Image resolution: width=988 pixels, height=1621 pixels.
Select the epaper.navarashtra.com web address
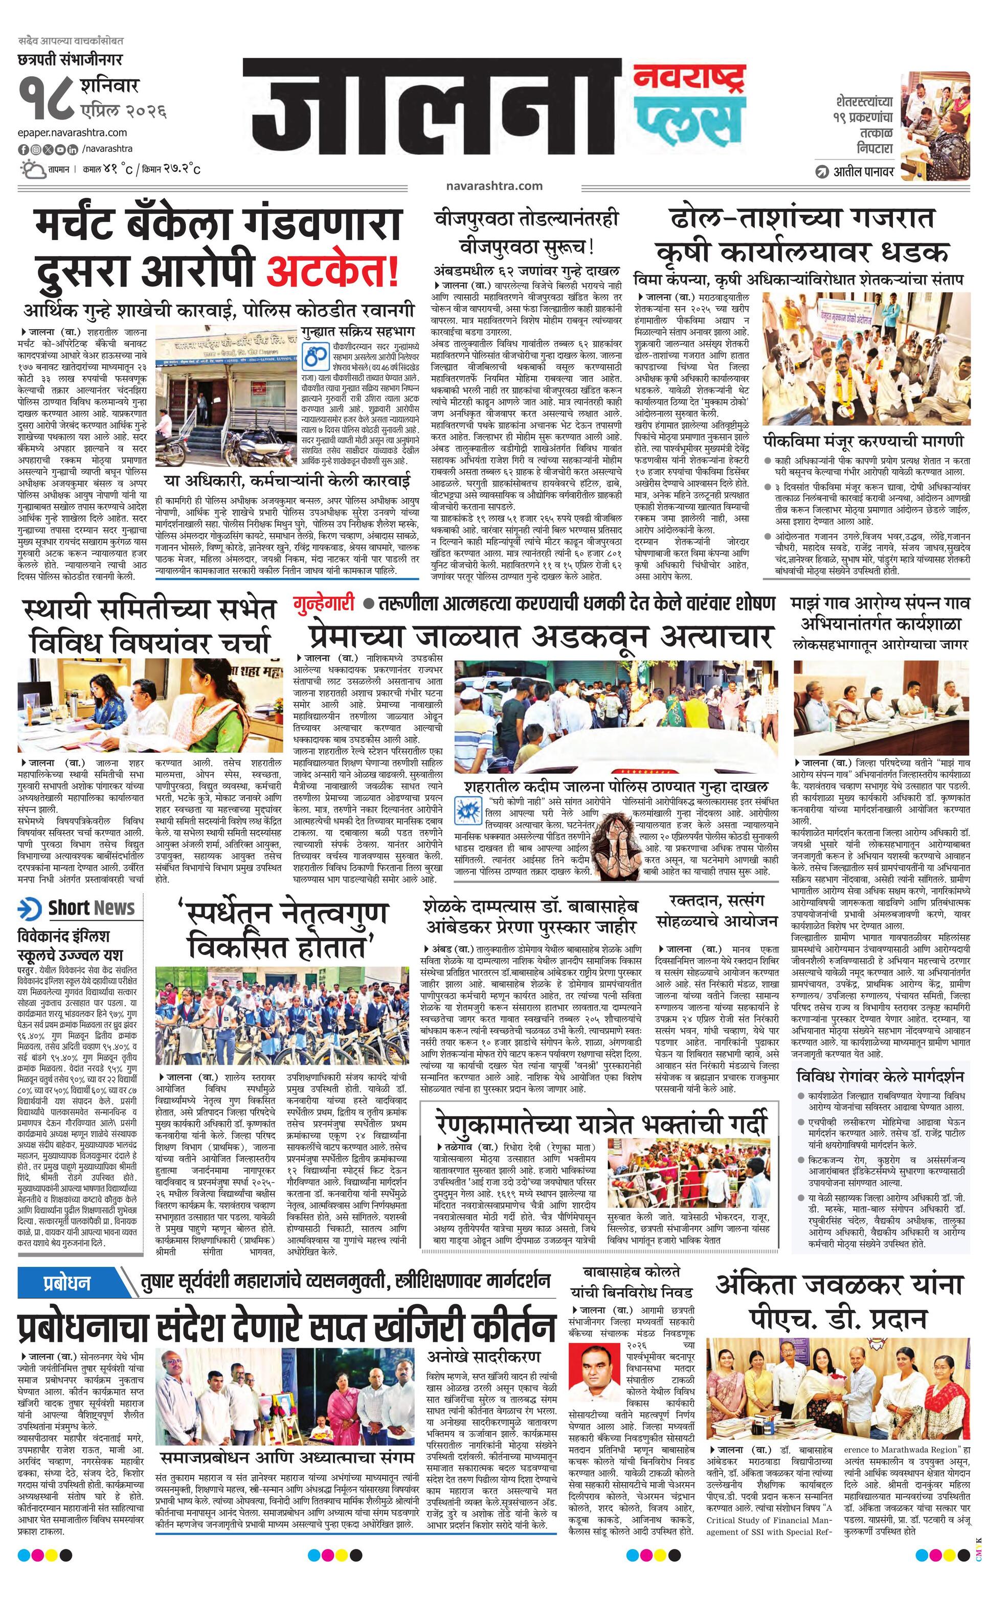point(73,133)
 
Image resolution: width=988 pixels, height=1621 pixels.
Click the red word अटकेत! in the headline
point(332,272)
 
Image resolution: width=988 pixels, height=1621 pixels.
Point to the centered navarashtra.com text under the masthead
point(493,186)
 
